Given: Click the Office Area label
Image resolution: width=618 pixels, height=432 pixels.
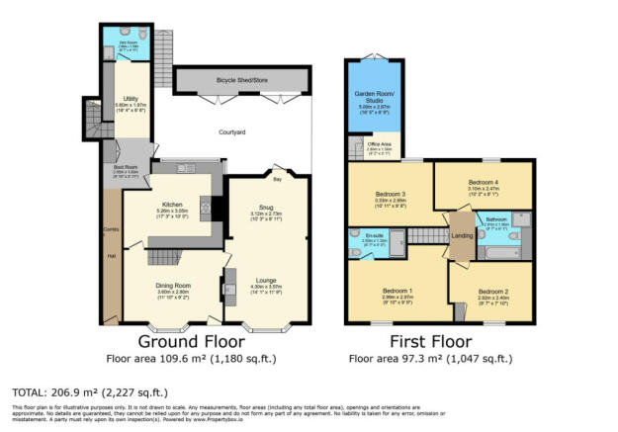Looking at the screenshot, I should (x=380, y=145).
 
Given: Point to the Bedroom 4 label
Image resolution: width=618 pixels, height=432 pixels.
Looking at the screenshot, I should (x=484, y=183).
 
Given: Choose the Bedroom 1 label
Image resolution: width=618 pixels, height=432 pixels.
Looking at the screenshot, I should (x=396, y=291).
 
